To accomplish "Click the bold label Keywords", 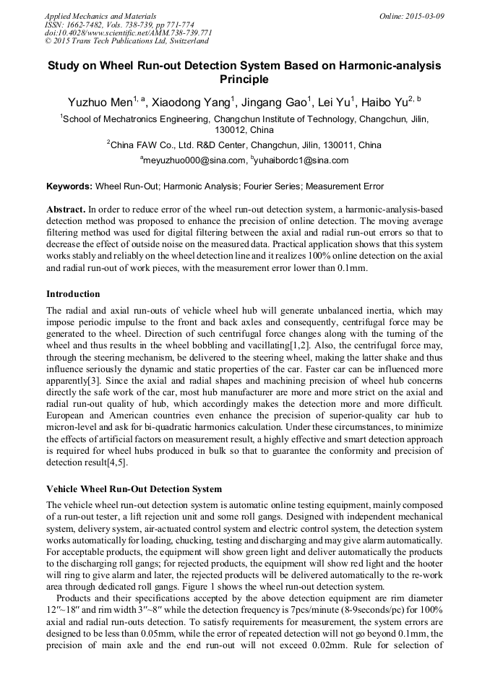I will pyautogui.click(x=69, y=186).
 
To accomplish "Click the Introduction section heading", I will pyautogui.click(x=73, y=294).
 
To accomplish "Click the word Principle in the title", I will pyautogui.click(x=244, y=79).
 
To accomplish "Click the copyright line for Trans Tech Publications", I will pyautogui.click(x=126, y=41).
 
